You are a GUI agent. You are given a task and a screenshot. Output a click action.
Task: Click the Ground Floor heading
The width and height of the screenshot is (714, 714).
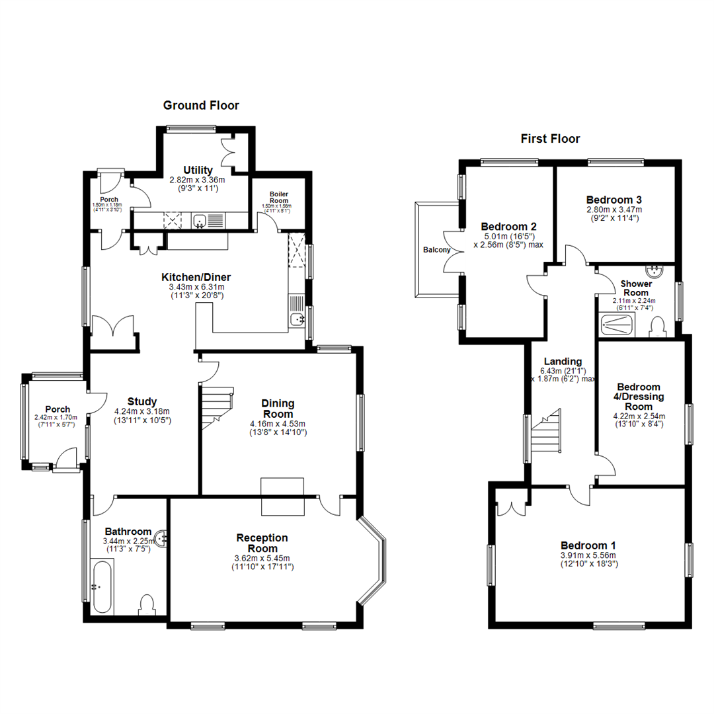[x=201, y=105]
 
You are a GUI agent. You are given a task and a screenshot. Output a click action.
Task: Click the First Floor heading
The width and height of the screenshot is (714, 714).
[x=550, y=139]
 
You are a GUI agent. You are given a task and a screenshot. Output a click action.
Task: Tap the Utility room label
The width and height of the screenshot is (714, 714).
[x=198, y=170]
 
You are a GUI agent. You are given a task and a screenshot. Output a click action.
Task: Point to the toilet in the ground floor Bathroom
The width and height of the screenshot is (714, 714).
[x=147, y=605]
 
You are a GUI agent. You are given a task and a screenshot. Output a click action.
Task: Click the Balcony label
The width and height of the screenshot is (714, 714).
[x=436, y=250]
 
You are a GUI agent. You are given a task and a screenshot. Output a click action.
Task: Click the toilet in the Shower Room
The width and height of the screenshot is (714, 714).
[x=657, y=327]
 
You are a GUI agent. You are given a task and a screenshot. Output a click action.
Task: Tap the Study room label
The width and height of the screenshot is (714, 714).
[x=142, y=401]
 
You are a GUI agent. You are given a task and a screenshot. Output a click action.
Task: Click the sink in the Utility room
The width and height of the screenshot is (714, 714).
[x=201, y=220]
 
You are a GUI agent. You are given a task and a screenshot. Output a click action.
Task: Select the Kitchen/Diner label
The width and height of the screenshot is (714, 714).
[x=196, y=277]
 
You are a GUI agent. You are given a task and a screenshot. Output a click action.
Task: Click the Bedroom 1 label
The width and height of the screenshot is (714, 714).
[x=588, y=545]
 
